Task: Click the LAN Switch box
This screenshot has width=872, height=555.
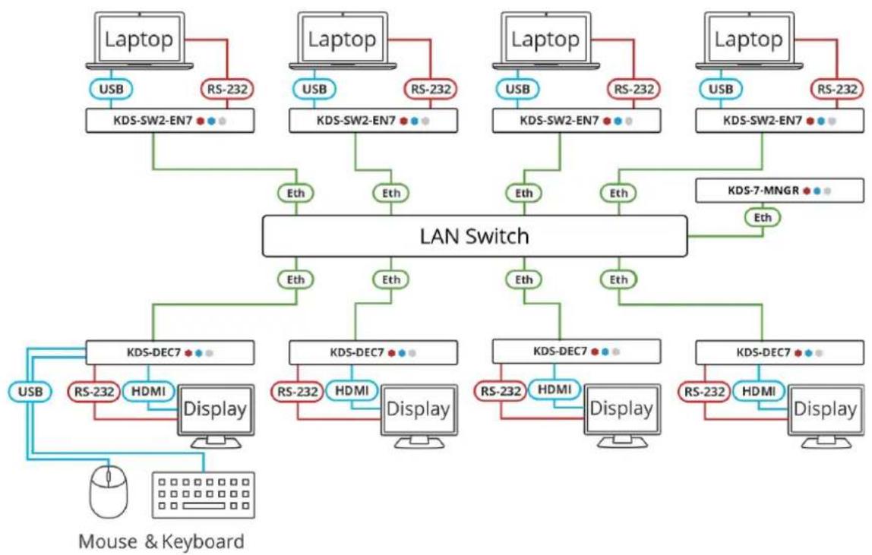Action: click(x=475, y=236)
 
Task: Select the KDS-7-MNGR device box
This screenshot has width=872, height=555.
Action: click(x=779, y=191)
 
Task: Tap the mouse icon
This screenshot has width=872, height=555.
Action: click(x=109, y=492)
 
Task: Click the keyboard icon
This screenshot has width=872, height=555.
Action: click(x=203, y=495)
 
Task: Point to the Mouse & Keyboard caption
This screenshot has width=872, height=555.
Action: click(x=161, y=541)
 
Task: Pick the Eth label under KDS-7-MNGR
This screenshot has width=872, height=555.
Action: click(x=763, y=217)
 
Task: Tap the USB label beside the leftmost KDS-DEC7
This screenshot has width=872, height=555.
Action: click(x=30, y=392)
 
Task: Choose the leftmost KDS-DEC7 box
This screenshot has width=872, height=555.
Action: click(x=169, y=352)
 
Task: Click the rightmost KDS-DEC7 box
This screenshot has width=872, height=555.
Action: click(x=779, y=352)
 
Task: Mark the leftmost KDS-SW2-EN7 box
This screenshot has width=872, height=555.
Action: click(x=169, y=121)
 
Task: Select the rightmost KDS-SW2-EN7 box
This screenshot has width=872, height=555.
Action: click(x=779, y=121)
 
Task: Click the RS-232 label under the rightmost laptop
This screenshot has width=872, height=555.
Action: click(x=837, y=89)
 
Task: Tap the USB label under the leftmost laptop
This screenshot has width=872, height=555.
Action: click(x=111, y=89)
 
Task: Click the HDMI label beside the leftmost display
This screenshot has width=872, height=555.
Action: click(x=148, y=391)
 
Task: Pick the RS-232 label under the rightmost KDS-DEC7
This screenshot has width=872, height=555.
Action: click(x=704, y=392)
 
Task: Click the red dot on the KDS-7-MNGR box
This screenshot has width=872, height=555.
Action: click(x=807, y=191)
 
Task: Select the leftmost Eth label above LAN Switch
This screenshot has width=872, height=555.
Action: click(x=296, y=194)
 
